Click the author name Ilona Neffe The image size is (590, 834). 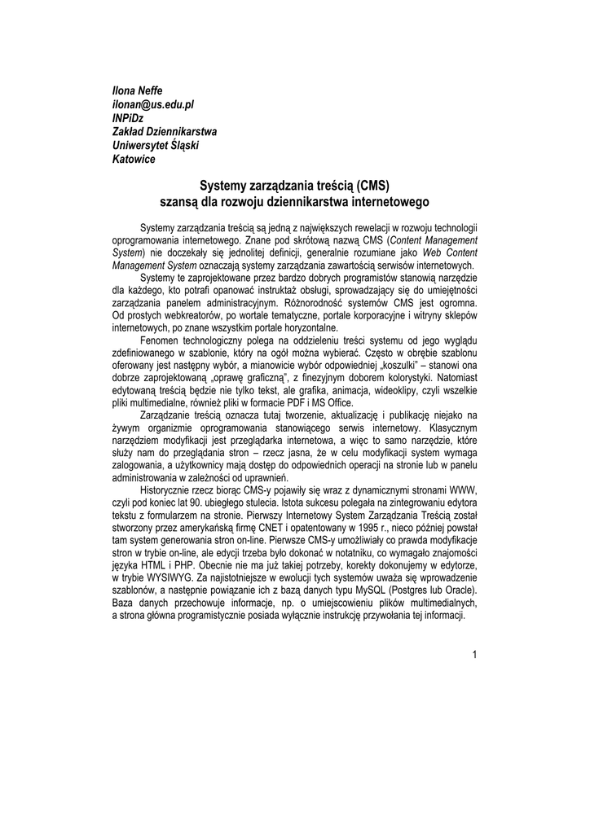[138, 89]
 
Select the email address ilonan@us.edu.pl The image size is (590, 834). [152, 103]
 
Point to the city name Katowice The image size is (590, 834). [134, 159]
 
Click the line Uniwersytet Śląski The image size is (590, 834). [156, 145]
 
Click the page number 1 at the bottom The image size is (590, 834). [473, 656]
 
